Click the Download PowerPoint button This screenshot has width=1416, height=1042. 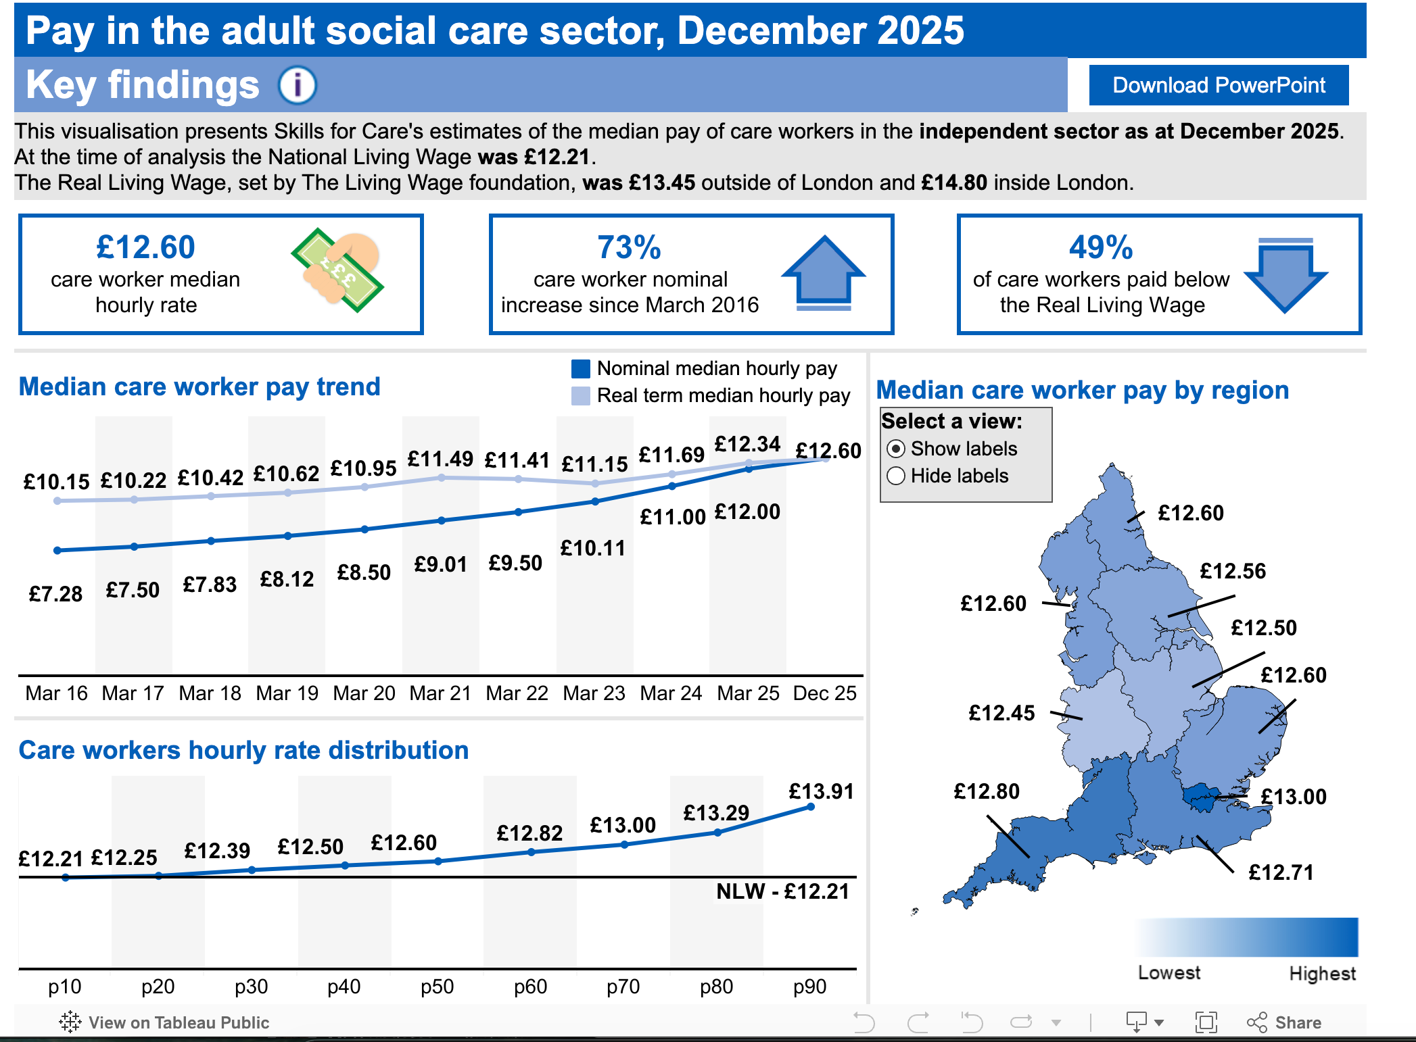[1219, 85]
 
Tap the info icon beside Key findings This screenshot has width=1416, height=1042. [298, 85]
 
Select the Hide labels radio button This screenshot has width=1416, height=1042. [896, 476]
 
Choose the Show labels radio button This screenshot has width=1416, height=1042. [896, 449]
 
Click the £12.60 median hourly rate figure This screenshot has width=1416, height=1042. [145, 247]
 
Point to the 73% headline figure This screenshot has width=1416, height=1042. [629, 247]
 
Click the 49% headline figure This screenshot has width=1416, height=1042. [1101, 247]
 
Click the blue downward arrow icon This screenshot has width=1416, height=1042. [1285, 274]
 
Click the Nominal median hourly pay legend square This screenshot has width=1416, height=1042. [581, 368]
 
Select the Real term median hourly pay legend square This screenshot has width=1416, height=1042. [581, 395]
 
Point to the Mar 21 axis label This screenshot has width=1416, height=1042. [440, 693]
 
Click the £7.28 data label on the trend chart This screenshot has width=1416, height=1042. [55, 594]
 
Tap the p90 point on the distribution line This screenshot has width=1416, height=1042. [811, 806]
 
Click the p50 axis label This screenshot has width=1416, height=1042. [438, 987]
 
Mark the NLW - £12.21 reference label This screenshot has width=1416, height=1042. [782, 891]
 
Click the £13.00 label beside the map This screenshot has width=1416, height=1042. [1294, 797]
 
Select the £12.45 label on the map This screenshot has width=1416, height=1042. [1001, 713]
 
